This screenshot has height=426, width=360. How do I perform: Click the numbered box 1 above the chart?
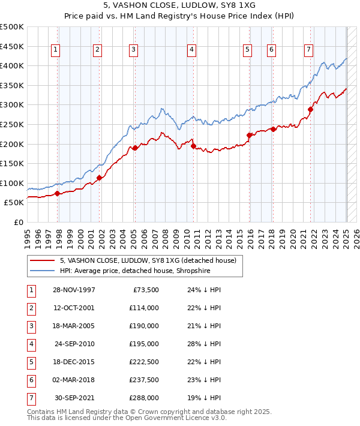pos(55,50)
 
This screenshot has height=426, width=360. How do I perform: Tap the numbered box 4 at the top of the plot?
pos(191,50)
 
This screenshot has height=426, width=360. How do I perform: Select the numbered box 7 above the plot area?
pos(308,50)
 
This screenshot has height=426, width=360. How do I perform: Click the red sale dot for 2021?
pos(311,109)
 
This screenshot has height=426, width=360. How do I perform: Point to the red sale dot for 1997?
pos(58,193)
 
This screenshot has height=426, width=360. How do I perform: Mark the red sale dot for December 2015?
pos(249,135)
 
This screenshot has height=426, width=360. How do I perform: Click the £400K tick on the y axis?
pos(12,65)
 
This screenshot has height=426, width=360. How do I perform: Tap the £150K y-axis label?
pos(12,163)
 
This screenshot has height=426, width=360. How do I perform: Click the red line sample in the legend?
pos(42,260)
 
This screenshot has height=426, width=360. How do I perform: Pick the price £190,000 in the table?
pos(144,326)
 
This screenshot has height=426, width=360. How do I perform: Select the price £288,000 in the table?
pos(144,398)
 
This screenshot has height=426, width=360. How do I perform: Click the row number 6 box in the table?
pos(31,380)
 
